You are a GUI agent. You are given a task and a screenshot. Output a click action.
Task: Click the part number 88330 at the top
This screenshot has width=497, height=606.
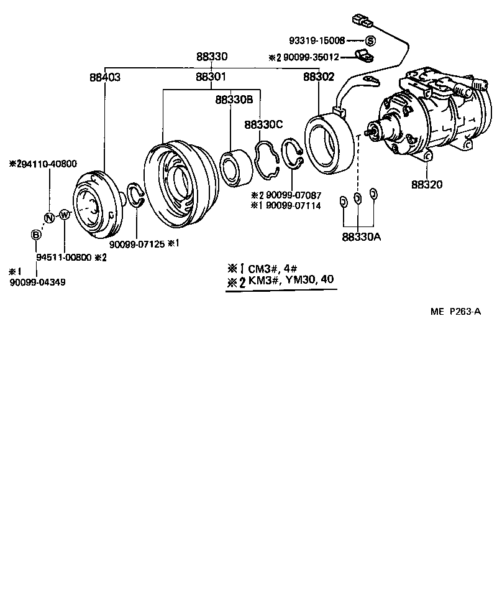point(212,57)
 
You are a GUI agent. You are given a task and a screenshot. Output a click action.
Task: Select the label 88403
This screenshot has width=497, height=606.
point(104,78)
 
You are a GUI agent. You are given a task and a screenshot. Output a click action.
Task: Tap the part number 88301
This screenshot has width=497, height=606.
point(211,78)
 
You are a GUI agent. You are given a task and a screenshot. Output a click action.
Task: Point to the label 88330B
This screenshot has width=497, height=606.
point(234,100)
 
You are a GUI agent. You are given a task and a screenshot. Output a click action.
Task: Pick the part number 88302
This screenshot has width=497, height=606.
point(318,78)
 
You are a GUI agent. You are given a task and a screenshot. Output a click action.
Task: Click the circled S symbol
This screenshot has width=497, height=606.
point(370,41)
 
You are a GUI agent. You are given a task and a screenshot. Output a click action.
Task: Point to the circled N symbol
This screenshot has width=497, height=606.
point(48,217)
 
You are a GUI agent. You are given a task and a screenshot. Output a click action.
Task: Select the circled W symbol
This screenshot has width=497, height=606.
point(64,215)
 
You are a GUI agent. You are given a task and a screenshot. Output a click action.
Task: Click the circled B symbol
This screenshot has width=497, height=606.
point(36,235)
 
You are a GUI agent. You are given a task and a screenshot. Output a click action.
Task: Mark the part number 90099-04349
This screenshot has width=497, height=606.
point(37,282)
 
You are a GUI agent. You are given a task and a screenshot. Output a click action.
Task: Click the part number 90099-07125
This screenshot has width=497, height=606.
point(137,244)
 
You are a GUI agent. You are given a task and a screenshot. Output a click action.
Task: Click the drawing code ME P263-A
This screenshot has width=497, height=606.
point(455,312)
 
